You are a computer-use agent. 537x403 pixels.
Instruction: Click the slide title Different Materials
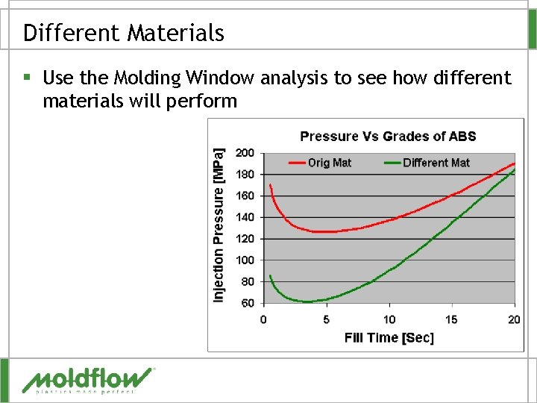123,33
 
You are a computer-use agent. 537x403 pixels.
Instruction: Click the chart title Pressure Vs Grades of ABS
388,136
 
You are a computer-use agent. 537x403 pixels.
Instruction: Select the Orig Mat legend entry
320,163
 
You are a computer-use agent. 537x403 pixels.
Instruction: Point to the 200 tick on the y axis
245,153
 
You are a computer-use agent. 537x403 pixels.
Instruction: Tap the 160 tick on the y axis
245,196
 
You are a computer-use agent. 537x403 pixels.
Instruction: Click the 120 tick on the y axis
245,239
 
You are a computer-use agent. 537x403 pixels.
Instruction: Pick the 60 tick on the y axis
247,303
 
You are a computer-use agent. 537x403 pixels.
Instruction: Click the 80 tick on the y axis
247,282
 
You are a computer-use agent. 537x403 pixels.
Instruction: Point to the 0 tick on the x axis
263,319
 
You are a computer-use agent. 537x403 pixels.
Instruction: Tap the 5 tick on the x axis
326,319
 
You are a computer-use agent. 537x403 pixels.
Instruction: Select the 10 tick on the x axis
389,319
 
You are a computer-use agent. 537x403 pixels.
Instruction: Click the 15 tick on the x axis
452,319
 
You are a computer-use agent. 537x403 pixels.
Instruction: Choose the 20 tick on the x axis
514,319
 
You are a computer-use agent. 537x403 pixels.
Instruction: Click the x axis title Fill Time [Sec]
389,337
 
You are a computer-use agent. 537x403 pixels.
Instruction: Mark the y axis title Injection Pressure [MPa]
219,225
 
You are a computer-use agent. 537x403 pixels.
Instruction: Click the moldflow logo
88,379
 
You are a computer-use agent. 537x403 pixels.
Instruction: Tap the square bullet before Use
27,78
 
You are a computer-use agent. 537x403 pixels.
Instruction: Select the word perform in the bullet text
200,101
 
